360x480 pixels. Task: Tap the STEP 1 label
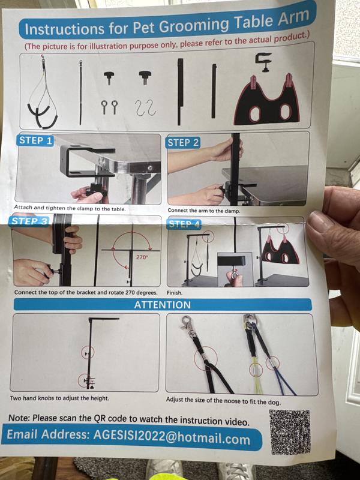35,140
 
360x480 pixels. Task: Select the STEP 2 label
183,143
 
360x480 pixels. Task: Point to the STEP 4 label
184,224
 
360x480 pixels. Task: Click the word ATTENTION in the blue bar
163,305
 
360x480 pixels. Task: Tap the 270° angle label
142,257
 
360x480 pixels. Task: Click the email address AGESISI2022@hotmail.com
172,437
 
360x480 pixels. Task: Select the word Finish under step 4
175,293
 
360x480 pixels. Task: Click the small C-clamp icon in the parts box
263,62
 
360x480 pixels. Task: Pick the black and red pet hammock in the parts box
266,101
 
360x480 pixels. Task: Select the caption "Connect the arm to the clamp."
204,211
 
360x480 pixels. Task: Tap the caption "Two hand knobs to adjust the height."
59,398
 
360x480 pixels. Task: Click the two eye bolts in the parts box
109,107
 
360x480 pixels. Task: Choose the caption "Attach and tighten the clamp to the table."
70,208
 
